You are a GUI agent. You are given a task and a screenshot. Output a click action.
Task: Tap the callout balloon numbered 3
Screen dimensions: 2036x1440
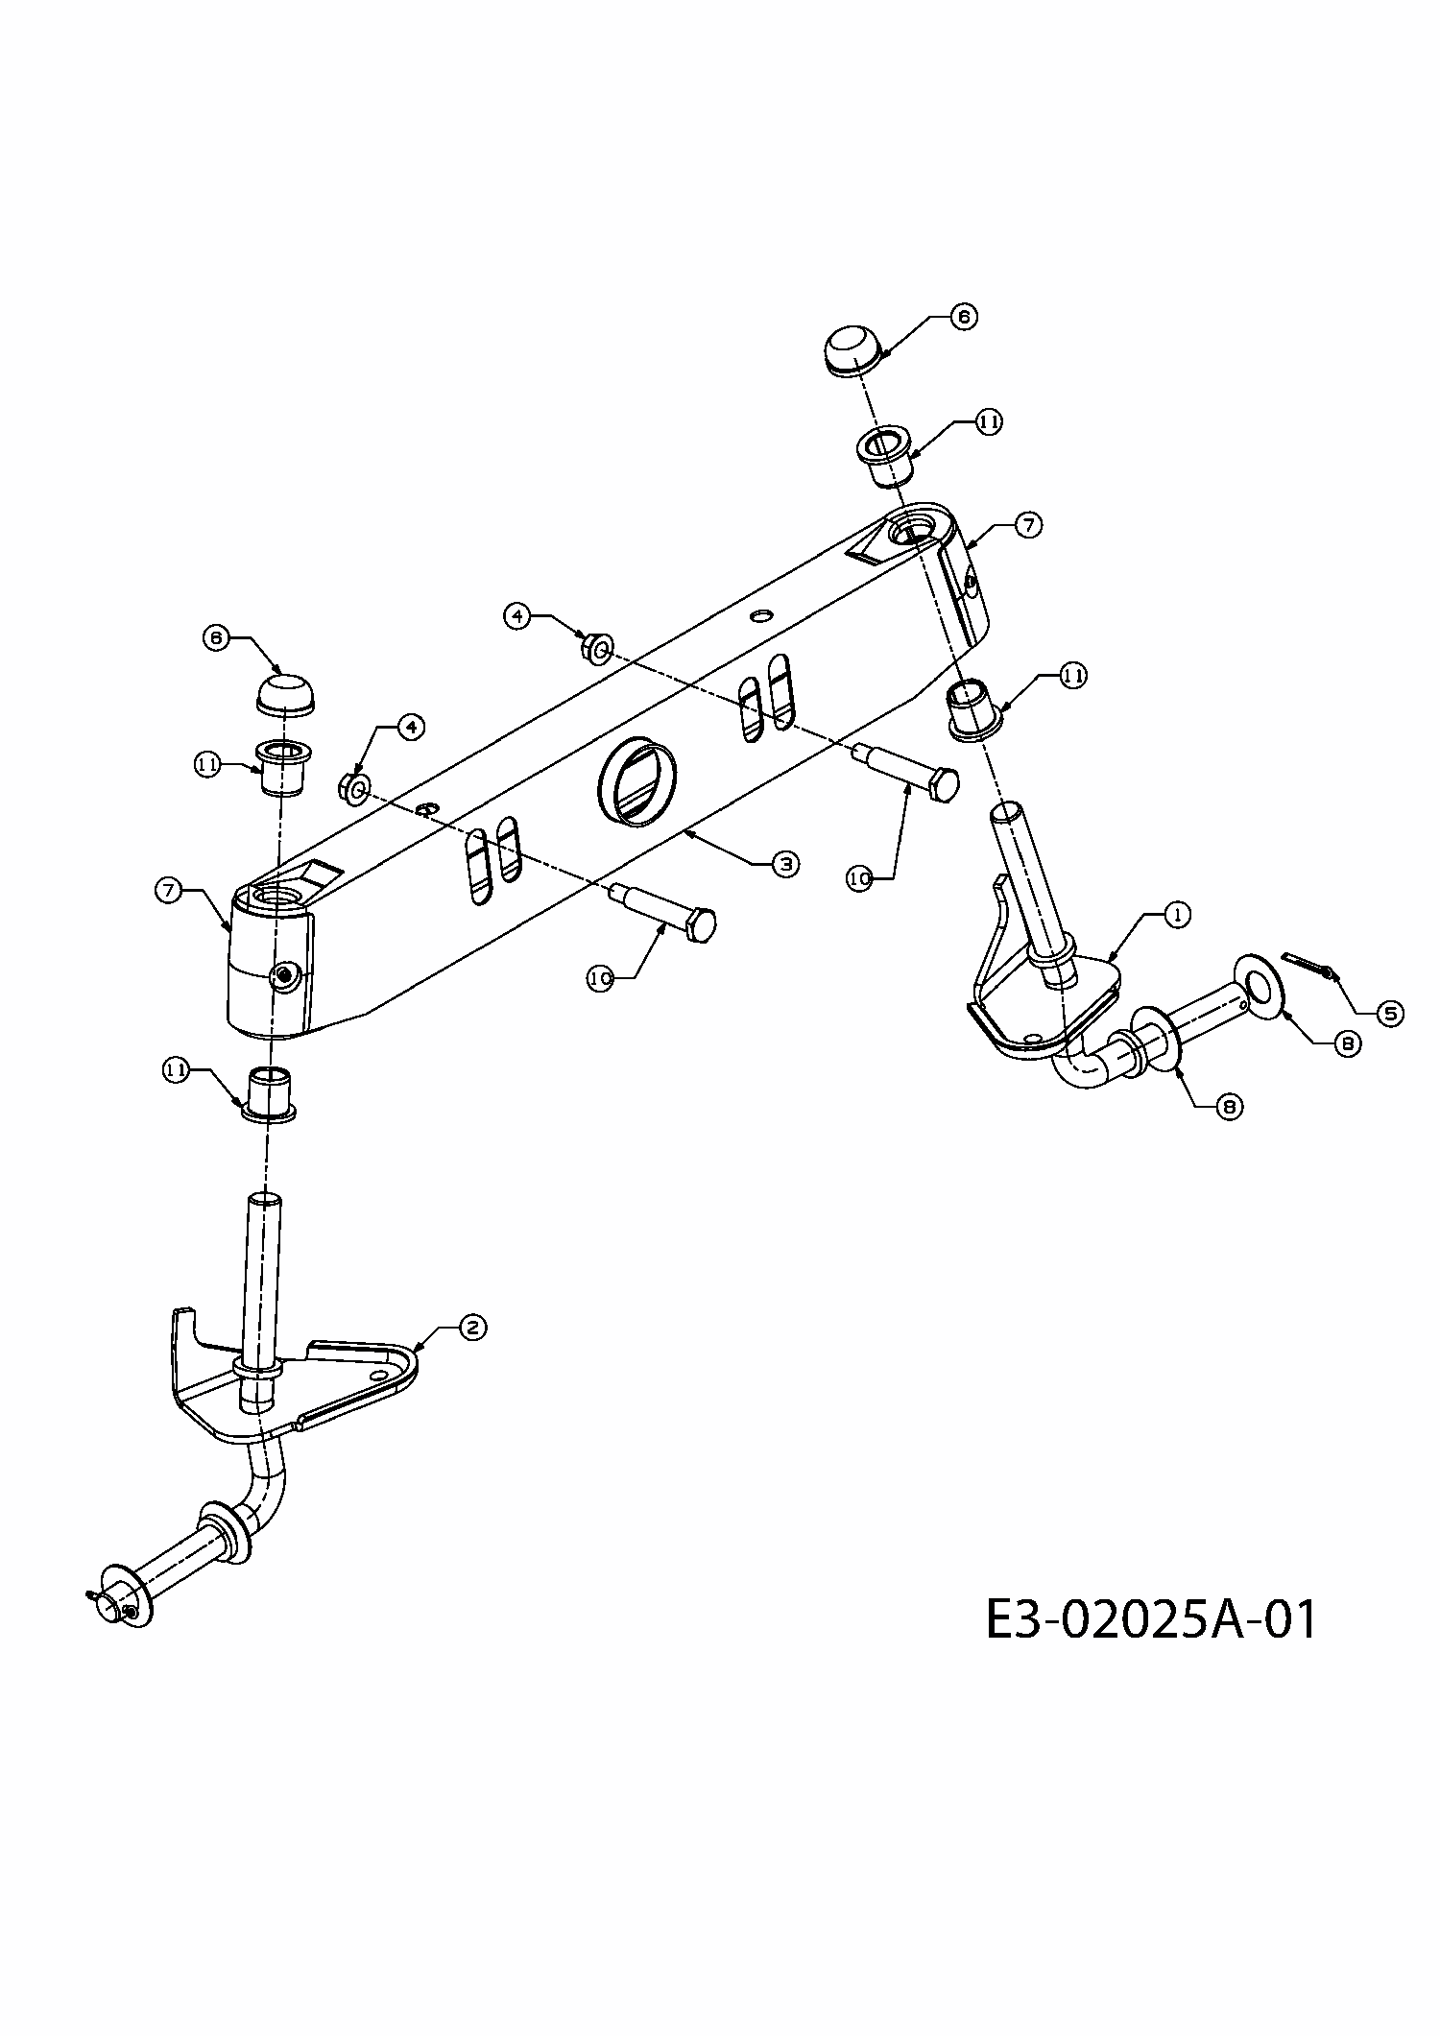tap(786, 864)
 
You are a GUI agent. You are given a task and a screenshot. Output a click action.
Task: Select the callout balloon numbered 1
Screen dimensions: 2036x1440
tap(1177, 915)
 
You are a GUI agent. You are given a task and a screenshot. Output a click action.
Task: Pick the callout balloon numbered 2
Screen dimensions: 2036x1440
tap(472, 1328)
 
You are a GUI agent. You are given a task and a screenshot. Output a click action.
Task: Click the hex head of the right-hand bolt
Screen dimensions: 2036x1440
tap(945, 784)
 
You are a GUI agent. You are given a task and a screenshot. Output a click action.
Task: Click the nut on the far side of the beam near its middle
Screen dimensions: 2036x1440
tap(597, 648)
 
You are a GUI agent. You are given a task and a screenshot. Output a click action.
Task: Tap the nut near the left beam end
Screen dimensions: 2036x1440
tap(353, 789)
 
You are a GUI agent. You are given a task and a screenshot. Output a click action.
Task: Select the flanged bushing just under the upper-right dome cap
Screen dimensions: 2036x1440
tap(882, 457)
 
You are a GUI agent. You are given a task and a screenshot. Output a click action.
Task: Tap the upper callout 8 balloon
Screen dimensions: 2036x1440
tap(1347, 1043)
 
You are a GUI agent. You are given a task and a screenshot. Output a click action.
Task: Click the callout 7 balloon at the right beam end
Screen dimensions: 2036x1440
tap(1028, 525)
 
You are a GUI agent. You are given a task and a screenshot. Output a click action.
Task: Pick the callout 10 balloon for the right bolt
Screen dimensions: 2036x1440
tap(859, 877)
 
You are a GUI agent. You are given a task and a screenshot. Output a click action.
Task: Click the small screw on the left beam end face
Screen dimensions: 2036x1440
tap(284, 977)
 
